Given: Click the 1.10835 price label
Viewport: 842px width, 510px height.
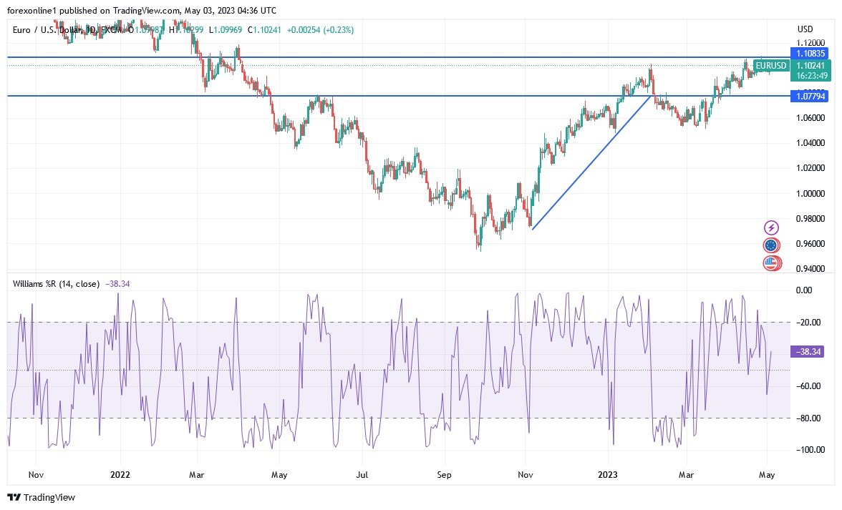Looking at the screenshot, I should [x=809, y=53].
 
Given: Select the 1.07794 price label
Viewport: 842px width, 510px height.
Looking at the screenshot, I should [x=809, y=96].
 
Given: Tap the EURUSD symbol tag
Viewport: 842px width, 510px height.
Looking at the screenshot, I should [x=770, y=66].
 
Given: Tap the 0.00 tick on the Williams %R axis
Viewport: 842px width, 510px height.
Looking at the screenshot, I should [x=804, y=290].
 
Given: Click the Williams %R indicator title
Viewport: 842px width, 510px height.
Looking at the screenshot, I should [x=56, y=284].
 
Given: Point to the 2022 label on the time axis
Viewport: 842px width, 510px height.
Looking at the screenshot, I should [x=120, y=474].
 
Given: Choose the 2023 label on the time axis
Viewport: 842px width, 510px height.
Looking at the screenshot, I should [x=607, y=474].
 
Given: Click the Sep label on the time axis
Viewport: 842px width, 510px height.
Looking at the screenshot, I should [x=444, y=474].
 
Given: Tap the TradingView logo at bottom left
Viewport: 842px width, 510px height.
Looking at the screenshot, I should [x=42, y=497].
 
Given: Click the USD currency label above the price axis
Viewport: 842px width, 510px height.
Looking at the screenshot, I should [x=805, y=29].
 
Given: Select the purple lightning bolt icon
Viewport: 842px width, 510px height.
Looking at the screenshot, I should [x=771, y=227].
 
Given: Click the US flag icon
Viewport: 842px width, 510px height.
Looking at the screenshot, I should [x=770, y=263].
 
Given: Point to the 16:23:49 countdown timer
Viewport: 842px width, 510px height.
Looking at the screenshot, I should [x=808, y=75].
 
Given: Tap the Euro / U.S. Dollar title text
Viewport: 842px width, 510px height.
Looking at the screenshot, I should [x=51, y=29].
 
